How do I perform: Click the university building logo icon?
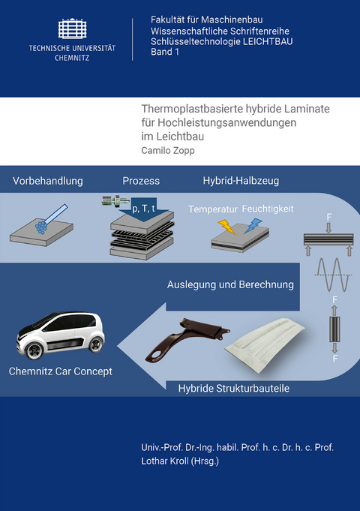point(71,29)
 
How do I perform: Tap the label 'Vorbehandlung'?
point(47,181)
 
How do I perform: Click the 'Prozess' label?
point(141,181)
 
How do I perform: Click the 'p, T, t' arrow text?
point(143,209)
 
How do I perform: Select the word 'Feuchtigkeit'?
point(268,209)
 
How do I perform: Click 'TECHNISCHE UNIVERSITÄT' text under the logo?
point(72,47)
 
